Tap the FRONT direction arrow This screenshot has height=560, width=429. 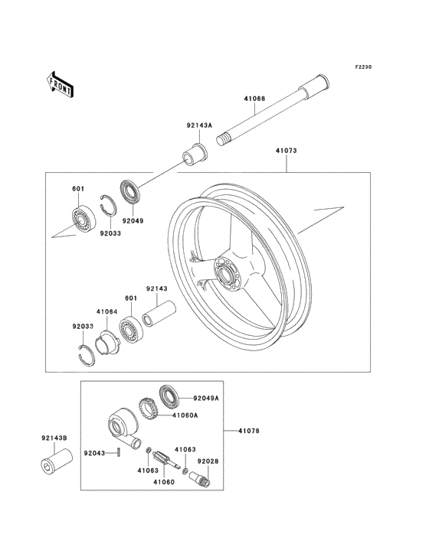[x=61, y=83]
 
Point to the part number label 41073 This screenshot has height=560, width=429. [x=287, y=151]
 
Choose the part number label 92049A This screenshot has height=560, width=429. [x=206, y=399]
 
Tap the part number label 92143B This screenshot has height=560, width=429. [x=54, y=438]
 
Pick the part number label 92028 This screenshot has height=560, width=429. [x=208, y=461]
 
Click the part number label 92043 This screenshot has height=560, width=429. [x=94, y=453]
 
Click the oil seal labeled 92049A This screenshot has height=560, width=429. [x=169, y=396]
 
